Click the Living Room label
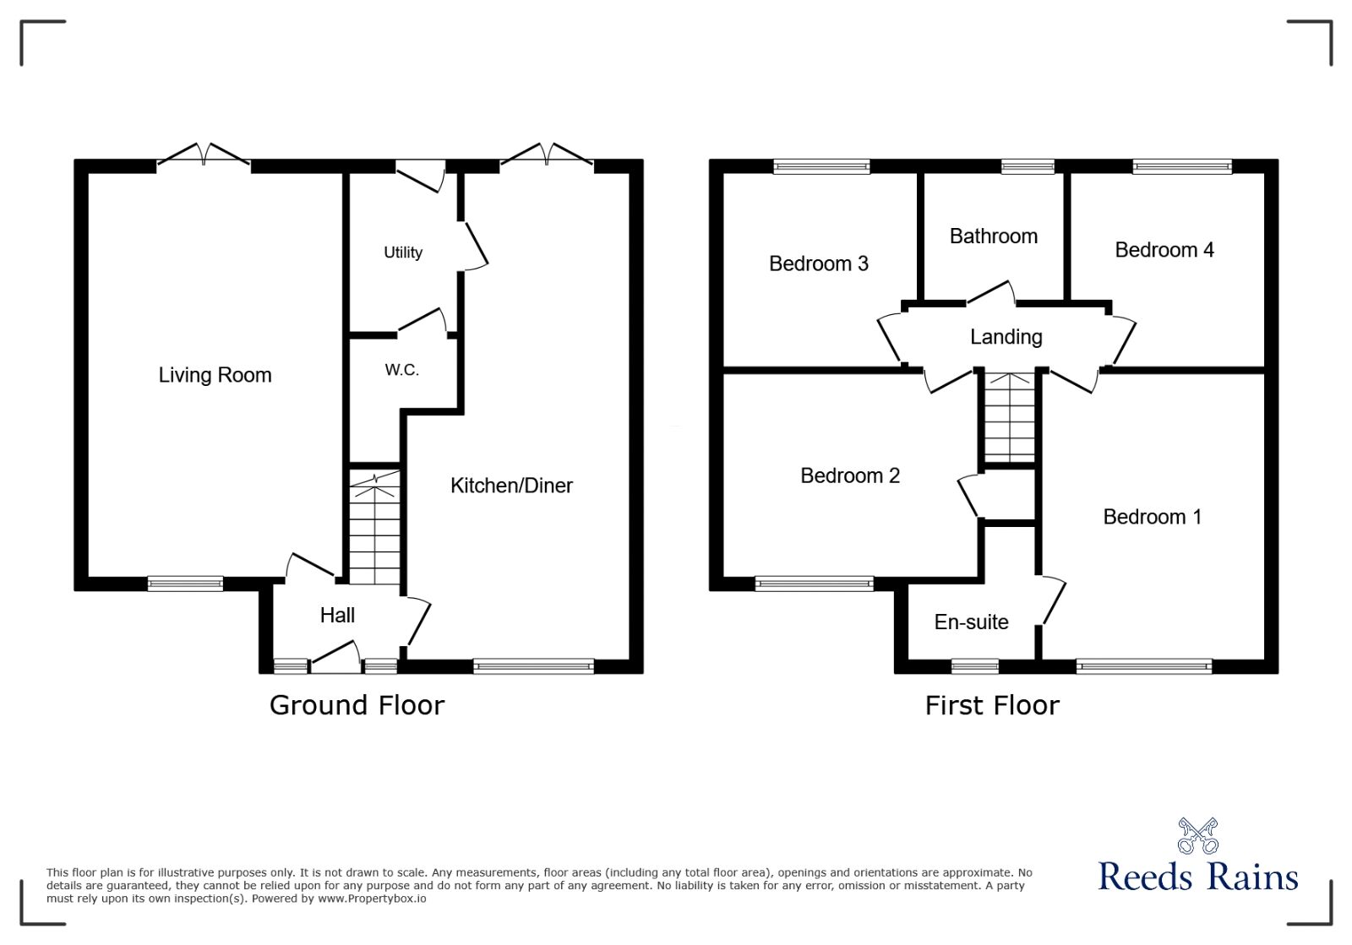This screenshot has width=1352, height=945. coord(215,375)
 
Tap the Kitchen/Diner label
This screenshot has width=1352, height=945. coord(511,486)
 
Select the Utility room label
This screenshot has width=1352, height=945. coord(402,253)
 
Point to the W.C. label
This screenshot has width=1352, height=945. coord(401,370)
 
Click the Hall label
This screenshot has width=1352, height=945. coord(337,616)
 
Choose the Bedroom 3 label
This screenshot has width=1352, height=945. coord(818,263)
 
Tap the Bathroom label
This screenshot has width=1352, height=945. coord(993,236)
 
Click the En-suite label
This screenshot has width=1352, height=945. coord(971,622)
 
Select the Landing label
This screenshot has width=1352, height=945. coord(1006,337)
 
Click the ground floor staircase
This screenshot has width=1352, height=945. coord(374,528)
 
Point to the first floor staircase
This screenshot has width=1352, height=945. coord(1010,418)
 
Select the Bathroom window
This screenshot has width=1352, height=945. coord(1028,166)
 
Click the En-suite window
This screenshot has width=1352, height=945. coord(974,666)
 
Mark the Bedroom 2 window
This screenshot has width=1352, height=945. coord(814,583)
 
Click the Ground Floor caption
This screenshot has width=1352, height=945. coord(357,705)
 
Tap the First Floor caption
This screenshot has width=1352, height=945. coord(991,705)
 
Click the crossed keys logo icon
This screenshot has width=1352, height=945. coord(1197,835)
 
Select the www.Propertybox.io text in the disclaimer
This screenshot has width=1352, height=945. coord(372,899)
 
